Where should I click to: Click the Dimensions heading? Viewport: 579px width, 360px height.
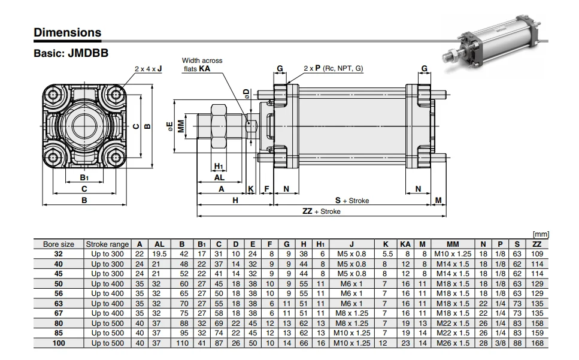67,32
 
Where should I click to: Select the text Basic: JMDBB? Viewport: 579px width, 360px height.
71,53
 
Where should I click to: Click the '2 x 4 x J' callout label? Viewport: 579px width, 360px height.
148,69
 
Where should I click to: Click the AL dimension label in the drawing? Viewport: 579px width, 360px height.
219,178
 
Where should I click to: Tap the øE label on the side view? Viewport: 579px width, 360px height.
171,126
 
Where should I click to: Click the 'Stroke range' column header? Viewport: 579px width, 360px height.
107,244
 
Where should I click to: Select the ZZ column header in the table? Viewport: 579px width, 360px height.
537,244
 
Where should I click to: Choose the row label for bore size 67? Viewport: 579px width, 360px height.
59,313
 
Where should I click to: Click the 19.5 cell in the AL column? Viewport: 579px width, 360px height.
159,254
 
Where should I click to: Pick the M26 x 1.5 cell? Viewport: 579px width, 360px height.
453,343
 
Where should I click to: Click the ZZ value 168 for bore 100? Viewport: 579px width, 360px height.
537,343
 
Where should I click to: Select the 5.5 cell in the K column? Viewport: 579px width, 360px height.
385,254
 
